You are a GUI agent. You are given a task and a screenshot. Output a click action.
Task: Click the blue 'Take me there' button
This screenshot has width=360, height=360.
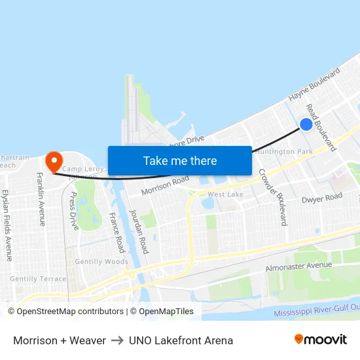180,160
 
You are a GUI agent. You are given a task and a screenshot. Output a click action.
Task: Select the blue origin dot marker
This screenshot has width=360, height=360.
306,124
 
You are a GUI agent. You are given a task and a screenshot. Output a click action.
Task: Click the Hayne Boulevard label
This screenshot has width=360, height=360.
314,85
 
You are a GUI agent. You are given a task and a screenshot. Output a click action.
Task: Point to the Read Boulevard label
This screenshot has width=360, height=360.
321,128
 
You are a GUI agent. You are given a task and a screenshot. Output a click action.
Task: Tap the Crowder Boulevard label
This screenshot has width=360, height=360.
272,197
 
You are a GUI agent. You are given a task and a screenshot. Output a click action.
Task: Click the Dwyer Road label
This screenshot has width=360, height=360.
322,197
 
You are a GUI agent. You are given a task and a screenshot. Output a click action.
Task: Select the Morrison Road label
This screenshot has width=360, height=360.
165,185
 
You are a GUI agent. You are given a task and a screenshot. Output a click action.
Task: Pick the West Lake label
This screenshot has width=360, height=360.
225,194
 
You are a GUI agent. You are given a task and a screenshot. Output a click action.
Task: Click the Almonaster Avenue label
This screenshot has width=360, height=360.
299,266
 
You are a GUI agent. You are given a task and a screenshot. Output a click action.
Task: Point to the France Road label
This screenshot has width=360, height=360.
117,232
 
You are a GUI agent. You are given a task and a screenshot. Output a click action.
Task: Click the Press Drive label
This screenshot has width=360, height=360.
73,211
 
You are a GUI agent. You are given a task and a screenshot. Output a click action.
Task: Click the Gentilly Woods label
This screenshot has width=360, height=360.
101,262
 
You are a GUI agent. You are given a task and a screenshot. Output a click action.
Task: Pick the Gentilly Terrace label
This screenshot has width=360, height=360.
38,279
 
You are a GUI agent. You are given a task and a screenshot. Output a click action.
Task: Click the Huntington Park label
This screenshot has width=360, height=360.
284,152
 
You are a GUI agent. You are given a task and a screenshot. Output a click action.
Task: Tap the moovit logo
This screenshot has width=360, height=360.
321,340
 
